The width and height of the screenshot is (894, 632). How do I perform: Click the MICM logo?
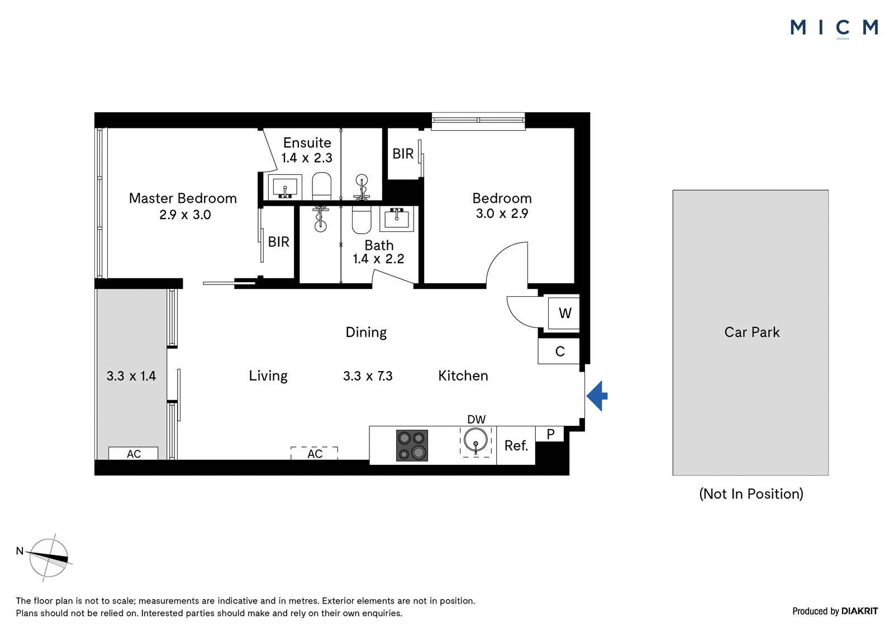pyautogui.click(x=834, y=28)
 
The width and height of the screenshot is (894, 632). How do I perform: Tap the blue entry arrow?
pyautogui.click(x=597, y=396)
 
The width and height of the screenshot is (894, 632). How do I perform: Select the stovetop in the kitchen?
pyautogui.click(x=412, y=445)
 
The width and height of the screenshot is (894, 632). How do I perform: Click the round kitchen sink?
pyautogui.click(x=475, y=441)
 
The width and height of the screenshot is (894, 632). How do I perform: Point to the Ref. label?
pyautogui.click(x=516, y=445)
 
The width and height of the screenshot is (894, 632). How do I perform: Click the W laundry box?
pyautogui.click(x=564, y=313)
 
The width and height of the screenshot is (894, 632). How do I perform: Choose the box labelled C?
pyautogui.click(x=559, y=351)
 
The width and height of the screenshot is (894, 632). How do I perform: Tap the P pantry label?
pyautogui.click(x=550, y=434)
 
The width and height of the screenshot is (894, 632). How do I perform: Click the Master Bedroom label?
pyautogui.click(x=183, y=198)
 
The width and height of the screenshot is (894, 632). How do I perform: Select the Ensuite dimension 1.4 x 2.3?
pyautogui.click(x=307, y=158)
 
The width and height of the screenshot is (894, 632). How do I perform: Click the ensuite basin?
pyautogui.click(x=285, y=187)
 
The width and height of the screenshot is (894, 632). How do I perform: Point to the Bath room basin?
pyautogui.click(x=396, y=219)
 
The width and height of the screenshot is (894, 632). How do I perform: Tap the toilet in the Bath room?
pyautogui.click(x=362, y=220)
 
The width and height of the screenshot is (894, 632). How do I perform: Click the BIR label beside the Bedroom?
pyautogui.click(x=403, y=154)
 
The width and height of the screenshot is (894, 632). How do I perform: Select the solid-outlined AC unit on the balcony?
pyautogui.click(x=134, y=453)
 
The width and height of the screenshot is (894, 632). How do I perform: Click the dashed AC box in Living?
pyautogui.click(x=315, y=453)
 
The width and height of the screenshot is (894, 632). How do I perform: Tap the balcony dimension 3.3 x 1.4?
pyautogui.click(x=131, y=376)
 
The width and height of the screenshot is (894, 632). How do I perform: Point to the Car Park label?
pyautogui.click(x=752, y=332)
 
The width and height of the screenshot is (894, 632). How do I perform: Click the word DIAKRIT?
pyautogui.click(x=860, y=611)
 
